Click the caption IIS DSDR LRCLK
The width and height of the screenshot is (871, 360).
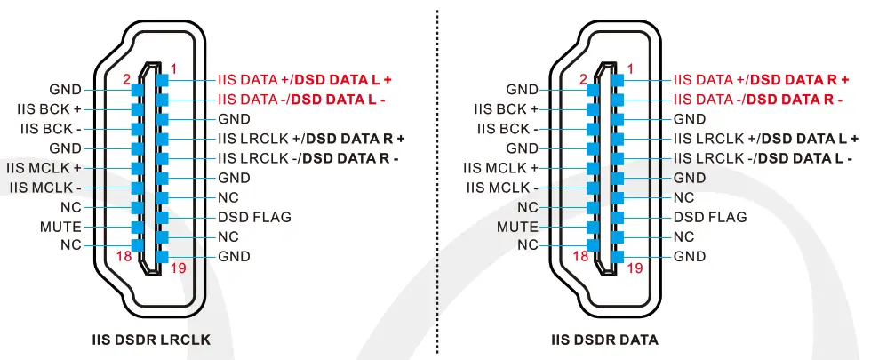pos(151,340)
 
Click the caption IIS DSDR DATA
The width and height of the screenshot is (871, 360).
pos(604,340)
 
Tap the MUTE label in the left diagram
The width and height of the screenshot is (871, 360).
pos(60,227)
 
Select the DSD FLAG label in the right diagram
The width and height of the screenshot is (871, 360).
pos(710,217)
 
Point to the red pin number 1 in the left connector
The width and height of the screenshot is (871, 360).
pos(173,68)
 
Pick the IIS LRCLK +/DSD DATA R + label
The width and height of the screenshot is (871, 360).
pos(311,139)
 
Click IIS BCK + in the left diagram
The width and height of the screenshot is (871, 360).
pos(55,109)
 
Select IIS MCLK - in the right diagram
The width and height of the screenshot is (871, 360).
pos(502,188)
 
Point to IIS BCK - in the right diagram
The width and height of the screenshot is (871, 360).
pos(507,129)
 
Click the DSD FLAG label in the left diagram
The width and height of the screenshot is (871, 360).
pos(254,217)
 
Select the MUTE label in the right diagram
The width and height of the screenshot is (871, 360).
pos(517,227)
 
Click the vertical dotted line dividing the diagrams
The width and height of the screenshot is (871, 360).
pos(437,178)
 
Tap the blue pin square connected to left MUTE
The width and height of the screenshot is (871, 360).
pos(137,227)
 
